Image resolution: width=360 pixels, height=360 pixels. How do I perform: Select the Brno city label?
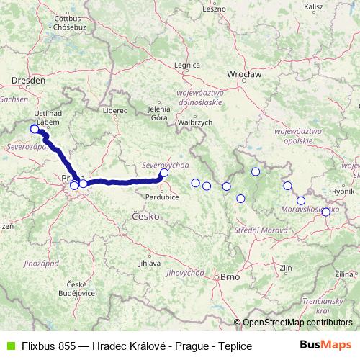point(229,276)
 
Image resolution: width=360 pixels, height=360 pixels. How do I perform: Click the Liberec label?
point(114,111)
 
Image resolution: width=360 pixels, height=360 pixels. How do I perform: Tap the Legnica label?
point(186,66)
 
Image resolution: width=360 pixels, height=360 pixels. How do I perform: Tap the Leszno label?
point(214,9)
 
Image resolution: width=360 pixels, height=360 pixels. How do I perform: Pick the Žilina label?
point(343,275)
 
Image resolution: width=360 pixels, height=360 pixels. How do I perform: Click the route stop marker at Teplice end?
point(34,130)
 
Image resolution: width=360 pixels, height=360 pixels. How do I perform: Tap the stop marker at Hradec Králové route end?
point(164,172)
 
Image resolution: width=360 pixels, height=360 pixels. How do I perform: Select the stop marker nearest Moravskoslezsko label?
point(301,201)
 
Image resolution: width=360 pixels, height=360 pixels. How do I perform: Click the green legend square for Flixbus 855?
point(8,346)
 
